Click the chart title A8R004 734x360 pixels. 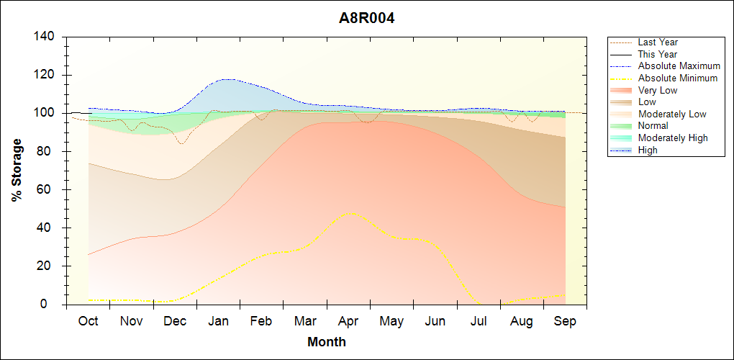tap(367, 18)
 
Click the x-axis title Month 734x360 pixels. tap(326, 342)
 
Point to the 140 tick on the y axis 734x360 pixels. tap(47, 37)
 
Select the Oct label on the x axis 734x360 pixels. tap(88, 321)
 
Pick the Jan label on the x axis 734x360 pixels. tap(219, 321)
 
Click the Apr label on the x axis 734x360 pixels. tap(348, 321)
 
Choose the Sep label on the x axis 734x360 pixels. tap(565, 321)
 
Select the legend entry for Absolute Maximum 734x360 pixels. tap(679, 66)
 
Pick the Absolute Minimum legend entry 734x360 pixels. tap(677, 78)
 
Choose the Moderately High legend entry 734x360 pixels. tap(673, 138)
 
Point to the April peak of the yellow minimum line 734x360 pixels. tap(350, 212)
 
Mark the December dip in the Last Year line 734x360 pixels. tap(182, 143)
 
